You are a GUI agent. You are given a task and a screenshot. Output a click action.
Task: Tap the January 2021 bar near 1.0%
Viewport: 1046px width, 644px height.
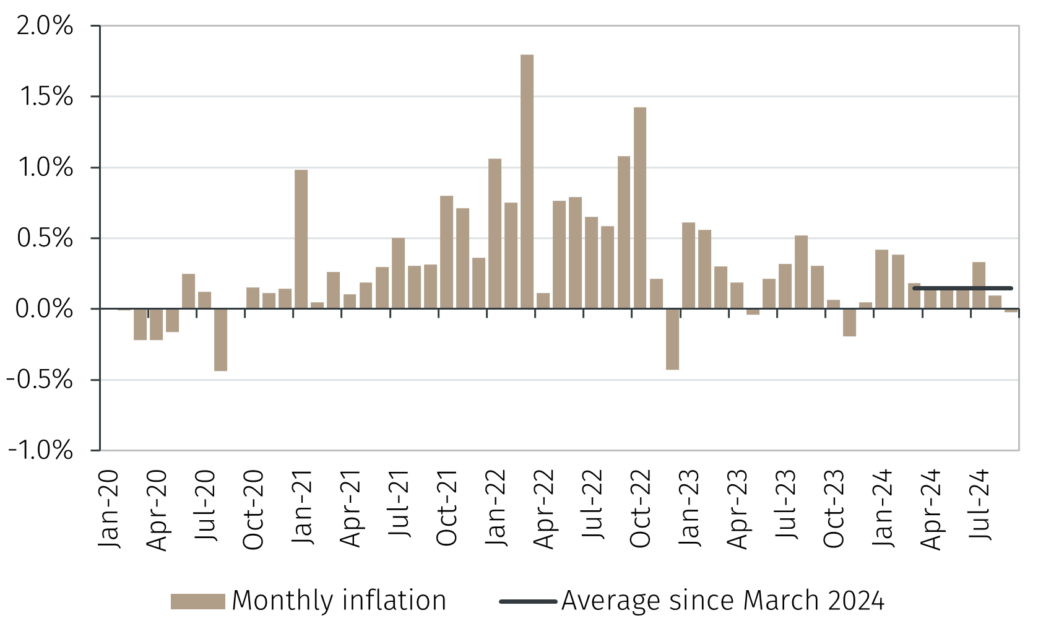coord(301,239)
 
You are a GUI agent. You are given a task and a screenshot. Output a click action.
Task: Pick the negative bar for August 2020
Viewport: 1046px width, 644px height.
coord(220,339)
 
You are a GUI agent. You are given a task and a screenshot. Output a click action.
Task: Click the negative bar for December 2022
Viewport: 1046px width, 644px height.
coord(672,339)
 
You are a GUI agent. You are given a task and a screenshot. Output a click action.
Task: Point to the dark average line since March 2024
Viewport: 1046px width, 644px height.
coord(962,288)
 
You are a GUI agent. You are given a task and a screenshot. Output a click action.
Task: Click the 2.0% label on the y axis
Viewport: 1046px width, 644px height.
coord(45,26)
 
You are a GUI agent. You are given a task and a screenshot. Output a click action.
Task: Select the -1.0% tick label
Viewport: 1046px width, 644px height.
coord(41,450)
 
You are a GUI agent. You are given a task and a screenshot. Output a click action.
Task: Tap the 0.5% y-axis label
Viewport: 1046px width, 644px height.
coord(45,238)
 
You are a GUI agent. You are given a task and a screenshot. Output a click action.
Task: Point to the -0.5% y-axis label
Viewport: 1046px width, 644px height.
coord(41,380)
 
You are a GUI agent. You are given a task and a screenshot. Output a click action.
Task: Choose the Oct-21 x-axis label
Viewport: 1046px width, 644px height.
coord(447,508)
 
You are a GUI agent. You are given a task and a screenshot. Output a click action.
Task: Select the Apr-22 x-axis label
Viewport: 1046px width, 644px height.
coord(544,508)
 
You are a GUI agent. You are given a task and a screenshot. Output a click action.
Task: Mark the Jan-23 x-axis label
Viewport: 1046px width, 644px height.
coord(689,508)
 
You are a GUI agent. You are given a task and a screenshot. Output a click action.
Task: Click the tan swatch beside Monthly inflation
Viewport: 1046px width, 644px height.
coord(197,601)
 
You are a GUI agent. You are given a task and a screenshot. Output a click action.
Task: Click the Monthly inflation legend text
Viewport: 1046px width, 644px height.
coord(339,601)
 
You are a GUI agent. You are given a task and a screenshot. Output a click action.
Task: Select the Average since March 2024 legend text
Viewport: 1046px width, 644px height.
coord(723,601)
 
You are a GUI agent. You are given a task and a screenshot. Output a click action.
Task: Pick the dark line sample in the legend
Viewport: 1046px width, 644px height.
coord(528,601)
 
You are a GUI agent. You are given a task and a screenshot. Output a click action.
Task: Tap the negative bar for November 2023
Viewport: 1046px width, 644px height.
coord(849,323)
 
